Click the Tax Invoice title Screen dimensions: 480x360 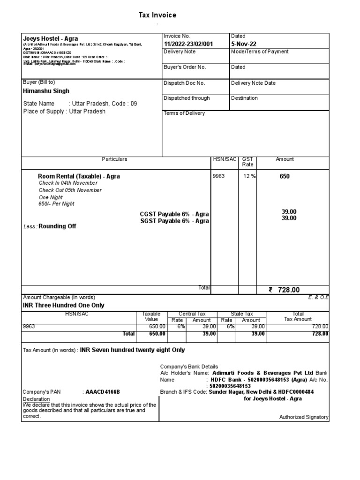click(x=157, y=15)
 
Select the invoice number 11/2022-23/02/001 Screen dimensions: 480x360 click(x=188, y=44)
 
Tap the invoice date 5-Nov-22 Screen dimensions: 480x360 click(x=243, y=44)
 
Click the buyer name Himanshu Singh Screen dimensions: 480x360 click(x=46, y=91)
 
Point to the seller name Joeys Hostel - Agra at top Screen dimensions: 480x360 click(x=51, y=38)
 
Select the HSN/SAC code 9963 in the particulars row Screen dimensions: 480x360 click(x=219, y=177)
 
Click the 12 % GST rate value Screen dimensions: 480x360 click(x=249, y=177)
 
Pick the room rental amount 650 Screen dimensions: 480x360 click(x=285, y=177)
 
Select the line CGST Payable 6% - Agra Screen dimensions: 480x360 click(x=174, y=214)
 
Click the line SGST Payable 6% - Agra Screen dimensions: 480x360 click(x=174, y=221)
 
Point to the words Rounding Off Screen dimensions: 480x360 click(x=57, y=226)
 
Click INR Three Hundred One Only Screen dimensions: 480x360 click(x=64, y=305)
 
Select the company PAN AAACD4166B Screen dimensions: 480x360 click(x=102, y=391)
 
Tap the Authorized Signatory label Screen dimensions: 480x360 click(x=304, y=417)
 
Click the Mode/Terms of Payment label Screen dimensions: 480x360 click(x=260, y=52)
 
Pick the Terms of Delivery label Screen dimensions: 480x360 click(x=184, y=113)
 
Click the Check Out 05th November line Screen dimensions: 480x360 click(x=70, y=190)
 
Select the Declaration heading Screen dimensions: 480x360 click(x=36, y=399)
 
